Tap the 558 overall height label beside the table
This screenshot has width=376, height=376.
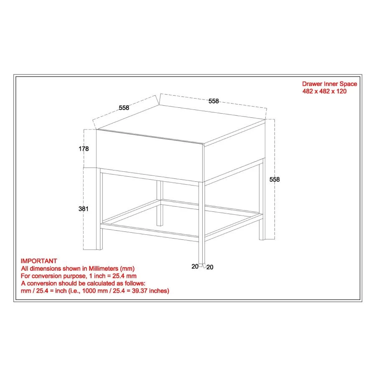pos(274,179)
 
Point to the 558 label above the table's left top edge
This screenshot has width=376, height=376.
pos(124,108)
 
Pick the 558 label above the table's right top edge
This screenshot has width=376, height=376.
pos(213,101)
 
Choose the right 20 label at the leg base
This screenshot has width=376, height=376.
pos(210,267)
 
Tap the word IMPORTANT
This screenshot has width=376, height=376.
pos(39,261)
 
